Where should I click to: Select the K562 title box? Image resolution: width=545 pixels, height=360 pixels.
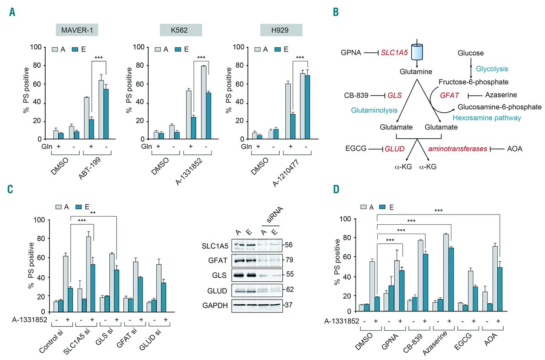pyautogui.click(x=181, y=30)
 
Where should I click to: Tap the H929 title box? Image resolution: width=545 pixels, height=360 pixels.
pyautogui.click(x=281, y=30)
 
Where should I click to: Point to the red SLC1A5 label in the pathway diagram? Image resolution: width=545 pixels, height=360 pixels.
pyautogui.click(x=394, y=52)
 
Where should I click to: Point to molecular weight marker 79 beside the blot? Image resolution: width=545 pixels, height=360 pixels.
pyautogui.click(x=289, y=260)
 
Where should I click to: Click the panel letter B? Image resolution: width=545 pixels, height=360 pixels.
pyautogui.click(x=336, y=12)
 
